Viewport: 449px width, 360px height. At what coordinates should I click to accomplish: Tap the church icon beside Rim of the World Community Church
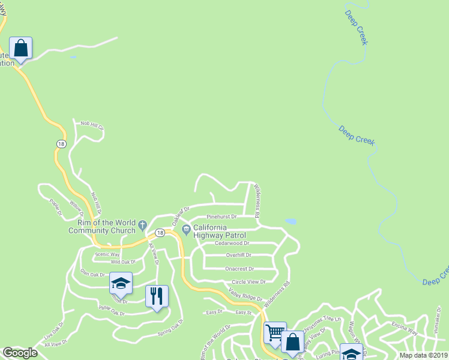pyautogui.click(x=142, y=226)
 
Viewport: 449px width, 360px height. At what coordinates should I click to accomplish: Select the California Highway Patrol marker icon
pyautogui.click(x=186, y=228)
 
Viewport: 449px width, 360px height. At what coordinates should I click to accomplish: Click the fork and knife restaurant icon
pyautogui.click(x=157, y=296)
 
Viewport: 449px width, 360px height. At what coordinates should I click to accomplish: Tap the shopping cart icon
pyautogui.click(x=275, y=332)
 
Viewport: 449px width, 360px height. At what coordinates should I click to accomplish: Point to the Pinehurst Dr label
pyautogui.click(x=221, y=216)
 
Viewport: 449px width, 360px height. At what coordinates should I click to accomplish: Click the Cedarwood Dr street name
pyautogui.click(x=232, y=244)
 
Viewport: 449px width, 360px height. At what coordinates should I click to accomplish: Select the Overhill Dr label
pyautogui.click(x=238, y=255)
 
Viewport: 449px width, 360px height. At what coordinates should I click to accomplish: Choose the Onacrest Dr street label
pyautogui.click(x=240, y=269)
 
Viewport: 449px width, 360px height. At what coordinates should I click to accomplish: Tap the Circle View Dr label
pyautogui.click(x=248, y=281)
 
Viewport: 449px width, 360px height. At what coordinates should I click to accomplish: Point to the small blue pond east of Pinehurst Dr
pyautogui.click(x=290, y=221)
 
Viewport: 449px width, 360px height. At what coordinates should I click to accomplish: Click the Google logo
pyautogui.click(x=20, y=353)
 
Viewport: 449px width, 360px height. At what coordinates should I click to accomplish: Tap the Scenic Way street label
pyautogui.click(x=107, y=254)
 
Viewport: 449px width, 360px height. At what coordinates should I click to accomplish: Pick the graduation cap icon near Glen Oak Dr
pyautogui.click(x=121, y=284)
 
